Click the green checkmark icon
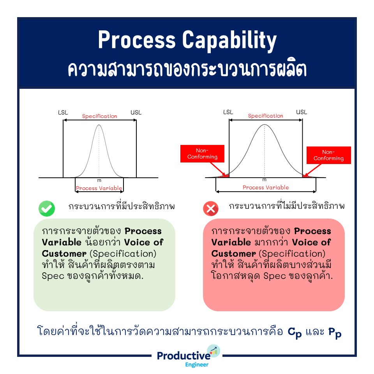[x=47, y=209]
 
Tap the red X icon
[x=211, y=209]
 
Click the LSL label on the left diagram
[x=63, y=113]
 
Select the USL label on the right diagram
[x=302, y=112]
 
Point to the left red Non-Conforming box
[x=202, y=154]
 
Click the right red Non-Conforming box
[x=328, y=155]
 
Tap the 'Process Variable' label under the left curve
[x=99, y=188]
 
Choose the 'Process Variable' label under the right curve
[x=266, y=187]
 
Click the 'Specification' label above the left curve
[x=99, y=116]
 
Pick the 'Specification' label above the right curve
[x=266, y=116]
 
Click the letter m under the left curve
[x=99, y=180]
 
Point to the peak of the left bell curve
[x=99, y=125]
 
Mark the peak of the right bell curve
[x=265, y=125]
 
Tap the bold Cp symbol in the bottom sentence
[x=295, y=333]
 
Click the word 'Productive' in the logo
[x=183, y=356]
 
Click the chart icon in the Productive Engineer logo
[x=214, y=350]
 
